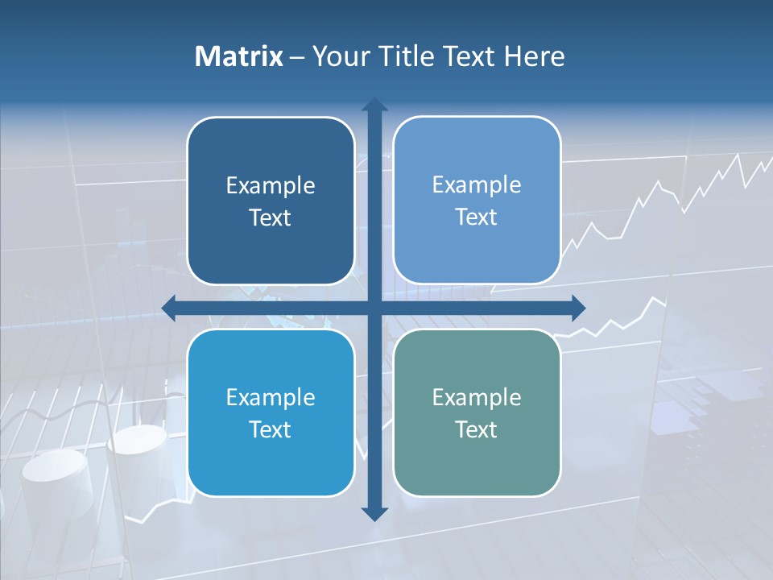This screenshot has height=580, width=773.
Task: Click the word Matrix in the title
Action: [238, 56]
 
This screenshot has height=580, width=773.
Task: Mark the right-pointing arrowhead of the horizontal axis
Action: [577, 308]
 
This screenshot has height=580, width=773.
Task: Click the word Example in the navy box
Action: [271, 186]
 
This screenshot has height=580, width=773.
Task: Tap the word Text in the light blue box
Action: [477, 217]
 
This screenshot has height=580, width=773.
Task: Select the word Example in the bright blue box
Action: [271, 398]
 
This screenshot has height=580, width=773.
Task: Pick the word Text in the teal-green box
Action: [477, 429]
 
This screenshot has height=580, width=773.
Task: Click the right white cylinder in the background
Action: [138, 451]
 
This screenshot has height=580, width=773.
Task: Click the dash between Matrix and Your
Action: [297, 57]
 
